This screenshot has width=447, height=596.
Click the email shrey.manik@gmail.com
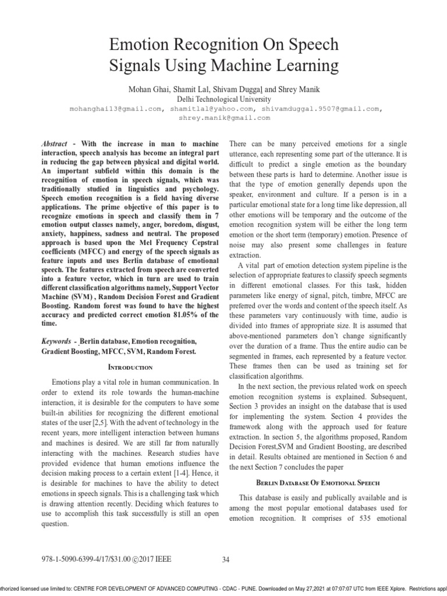click(x=224, y=117)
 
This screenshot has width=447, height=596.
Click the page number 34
click(x=226, y=560)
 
